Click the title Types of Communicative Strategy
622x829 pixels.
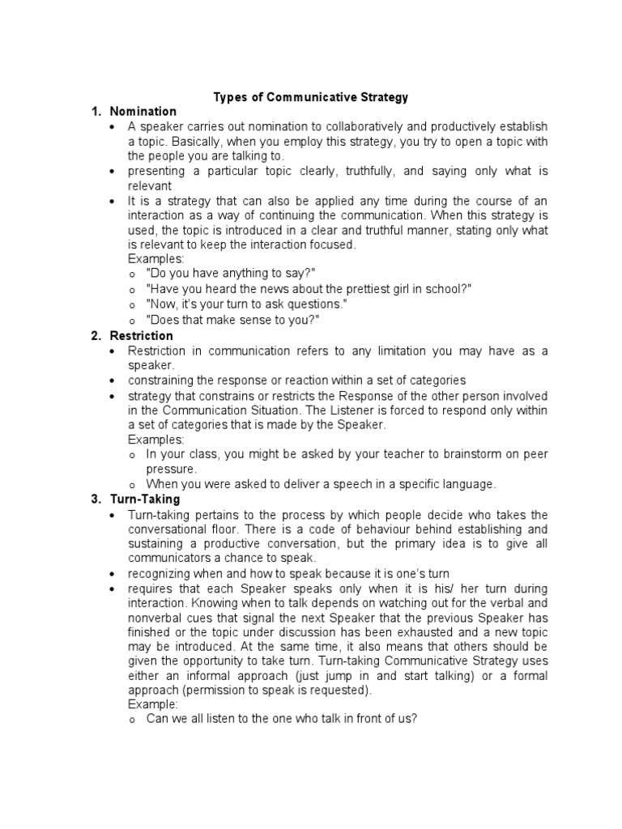pyautogui.click(x=311, y=97)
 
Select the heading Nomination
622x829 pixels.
pyautogui.click(x=143, y=112)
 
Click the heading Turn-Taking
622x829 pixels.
pyautogui.click(x=144, y=500)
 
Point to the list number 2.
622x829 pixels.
pyautogui.click(x=96, y=335)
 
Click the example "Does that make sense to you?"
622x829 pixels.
pyautogui.click(x=233, y=320)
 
